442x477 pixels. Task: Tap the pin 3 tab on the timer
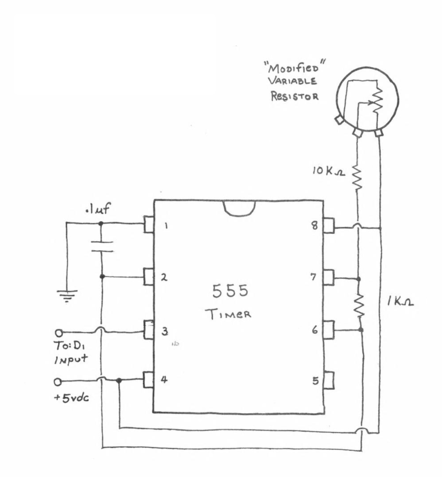149,330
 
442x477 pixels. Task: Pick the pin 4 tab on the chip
149,380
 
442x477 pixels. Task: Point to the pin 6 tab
328,329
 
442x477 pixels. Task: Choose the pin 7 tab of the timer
328,278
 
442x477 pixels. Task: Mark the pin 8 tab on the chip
328,226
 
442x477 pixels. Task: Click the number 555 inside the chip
230,291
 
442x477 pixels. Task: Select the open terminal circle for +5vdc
58,382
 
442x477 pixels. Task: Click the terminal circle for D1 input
59,333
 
